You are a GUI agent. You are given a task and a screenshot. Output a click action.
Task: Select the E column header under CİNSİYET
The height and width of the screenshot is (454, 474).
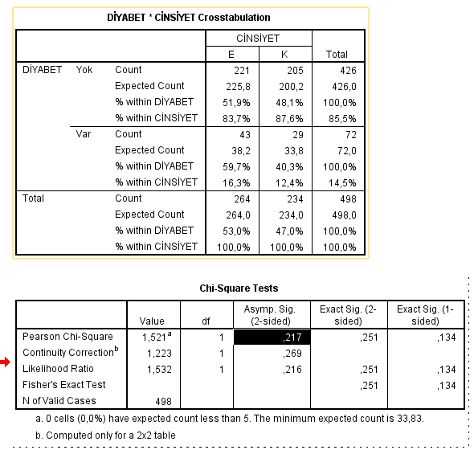(231, 54)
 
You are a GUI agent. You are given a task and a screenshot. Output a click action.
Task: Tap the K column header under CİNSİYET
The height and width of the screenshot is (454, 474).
(284, 54)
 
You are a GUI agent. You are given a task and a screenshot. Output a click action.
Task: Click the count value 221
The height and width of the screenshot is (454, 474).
(242, 70)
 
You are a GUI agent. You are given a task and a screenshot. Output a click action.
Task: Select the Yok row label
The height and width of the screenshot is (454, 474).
(84, 70)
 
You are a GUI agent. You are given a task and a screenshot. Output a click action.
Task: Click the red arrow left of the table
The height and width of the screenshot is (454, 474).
(6, 363)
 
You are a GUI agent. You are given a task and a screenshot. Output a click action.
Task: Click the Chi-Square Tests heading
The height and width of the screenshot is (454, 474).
(239, 288)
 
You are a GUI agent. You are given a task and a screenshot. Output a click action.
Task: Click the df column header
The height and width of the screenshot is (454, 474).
(206, 321)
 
